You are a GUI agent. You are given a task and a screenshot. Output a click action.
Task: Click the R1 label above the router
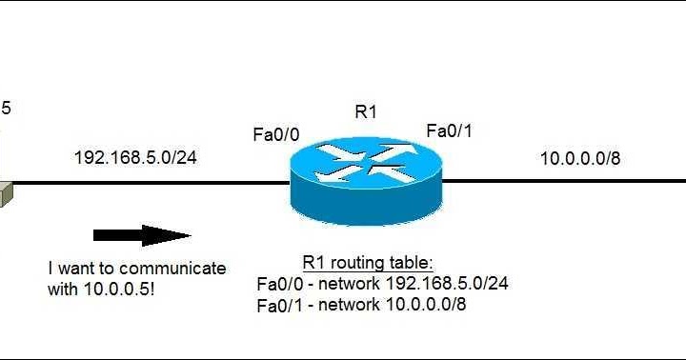tap(366, 111)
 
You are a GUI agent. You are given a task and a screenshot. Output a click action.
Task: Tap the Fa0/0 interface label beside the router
tap(276, 135)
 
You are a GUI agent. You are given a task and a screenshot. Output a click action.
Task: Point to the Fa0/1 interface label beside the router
tap(450, 130)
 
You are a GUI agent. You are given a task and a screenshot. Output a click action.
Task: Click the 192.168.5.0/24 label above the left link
tap(135, 158)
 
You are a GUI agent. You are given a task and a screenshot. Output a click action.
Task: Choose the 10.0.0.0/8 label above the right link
tap(580, 158)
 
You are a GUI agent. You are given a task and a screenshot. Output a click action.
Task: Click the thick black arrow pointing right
tap(142, 235)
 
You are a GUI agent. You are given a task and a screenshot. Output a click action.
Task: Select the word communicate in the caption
tap(179, 269)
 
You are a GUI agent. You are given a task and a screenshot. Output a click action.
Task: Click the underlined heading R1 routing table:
tap(366, 263)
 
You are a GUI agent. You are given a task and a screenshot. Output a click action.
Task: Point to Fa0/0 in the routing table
tap(278, 284)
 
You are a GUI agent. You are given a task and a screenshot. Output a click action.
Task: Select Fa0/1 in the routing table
tap(278, 304)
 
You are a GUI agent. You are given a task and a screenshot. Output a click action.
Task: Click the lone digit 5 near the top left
tap(7, 108)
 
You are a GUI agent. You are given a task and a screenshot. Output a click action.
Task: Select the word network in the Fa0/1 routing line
tap(351, 304)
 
